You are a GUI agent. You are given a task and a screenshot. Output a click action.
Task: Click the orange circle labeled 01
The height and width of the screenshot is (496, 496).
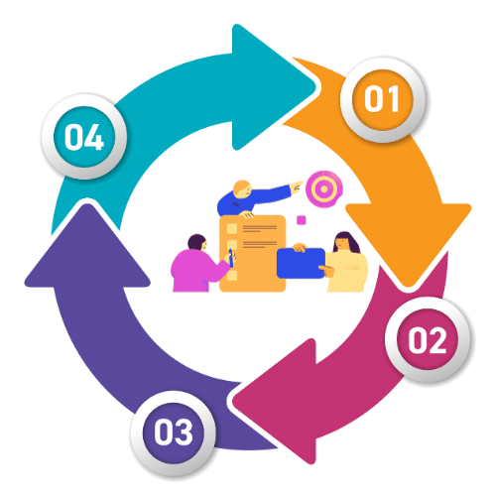click(383, 99)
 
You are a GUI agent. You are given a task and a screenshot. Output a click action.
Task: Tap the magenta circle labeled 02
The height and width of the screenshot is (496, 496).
click(428, 339)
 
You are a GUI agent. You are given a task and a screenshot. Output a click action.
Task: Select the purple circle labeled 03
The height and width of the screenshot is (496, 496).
click(174, 433)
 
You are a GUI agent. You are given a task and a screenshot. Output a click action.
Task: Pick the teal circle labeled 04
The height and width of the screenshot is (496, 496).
click(84, 137)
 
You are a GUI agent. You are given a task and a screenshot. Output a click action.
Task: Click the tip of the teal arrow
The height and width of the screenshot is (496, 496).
click(315, 87)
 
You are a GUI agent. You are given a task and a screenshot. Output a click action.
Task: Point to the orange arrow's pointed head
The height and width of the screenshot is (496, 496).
click(409, 286)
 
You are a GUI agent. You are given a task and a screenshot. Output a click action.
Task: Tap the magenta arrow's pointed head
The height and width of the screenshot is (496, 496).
click(233, 401)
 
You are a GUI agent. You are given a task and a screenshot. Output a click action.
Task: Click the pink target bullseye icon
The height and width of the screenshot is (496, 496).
click(324, 188)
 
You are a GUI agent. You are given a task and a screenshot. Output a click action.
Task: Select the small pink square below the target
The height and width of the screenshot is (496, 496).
click(301, 220)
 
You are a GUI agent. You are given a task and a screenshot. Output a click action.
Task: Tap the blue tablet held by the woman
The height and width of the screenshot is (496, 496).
click(301, 263)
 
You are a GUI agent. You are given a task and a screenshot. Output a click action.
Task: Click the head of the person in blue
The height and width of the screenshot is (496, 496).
click(242, 188)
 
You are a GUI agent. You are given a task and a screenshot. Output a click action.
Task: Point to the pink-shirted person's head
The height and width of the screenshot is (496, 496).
click(197, 242)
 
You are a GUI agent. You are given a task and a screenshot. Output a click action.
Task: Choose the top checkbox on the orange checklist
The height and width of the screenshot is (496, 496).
click(232, 228)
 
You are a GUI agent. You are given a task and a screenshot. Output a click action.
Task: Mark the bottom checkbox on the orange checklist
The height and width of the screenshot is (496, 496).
click(232, 275)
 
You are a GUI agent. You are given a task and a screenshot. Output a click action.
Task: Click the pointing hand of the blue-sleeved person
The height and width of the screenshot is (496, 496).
click(297, 186)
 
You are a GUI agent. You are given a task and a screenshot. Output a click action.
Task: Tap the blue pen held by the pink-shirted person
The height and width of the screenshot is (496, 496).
click(231, 258)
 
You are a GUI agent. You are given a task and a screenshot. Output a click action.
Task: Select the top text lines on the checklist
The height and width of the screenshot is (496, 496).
click(260, 228)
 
